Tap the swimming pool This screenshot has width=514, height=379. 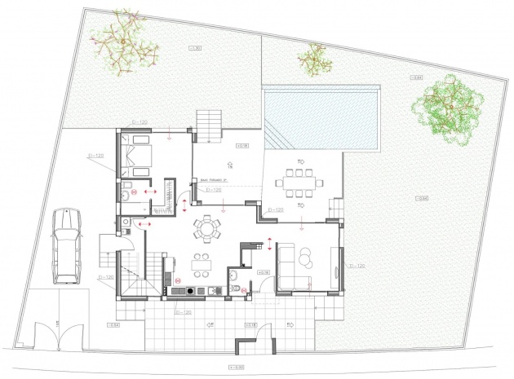321,119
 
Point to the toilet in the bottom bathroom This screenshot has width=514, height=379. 234,287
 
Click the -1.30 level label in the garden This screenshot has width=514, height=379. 195,50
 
